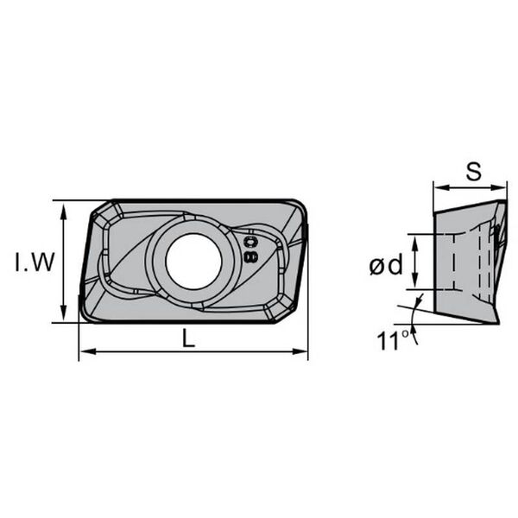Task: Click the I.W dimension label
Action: (x=35, y=262)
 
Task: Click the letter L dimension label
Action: (x=188, y=338)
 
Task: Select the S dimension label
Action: (x=474, y=172)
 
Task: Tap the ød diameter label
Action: (x=386, y=265)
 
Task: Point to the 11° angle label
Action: (x=393, y=340)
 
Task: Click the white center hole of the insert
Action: (x=193, y=262)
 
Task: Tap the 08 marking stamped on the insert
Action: (x=250, y=250)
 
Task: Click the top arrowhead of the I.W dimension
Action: (x=63, y=212)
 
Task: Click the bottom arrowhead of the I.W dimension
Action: (x=63, y=313)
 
